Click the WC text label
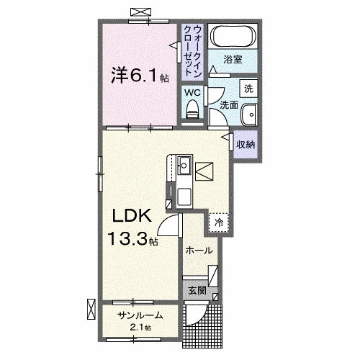pos(192,92)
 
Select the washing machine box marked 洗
pos(249,88)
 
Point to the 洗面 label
pos(229,105)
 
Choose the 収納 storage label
pos(246,144)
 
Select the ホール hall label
pos(199,251)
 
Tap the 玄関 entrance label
pos(197,292)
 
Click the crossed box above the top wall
pos(138,11)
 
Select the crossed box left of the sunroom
pos(90,308)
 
